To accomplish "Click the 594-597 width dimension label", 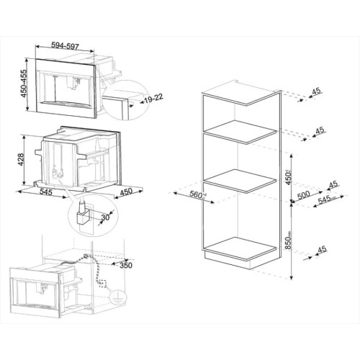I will pyautogui.click(x=71, y=45).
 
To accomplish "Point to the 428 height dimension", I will pyautogui.click(x=22, y=159).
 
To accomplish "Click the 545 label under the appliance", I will pyautogui.click(x=45, y=192).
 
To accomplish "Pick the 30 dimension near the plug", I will pyautogui.click(x=106, y=217).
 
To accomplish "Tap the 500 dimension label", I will pyautogui.click(x=304, y=194).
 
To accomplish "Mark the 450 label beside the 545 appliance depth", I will pyautogui.click(x=125, y=192).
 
